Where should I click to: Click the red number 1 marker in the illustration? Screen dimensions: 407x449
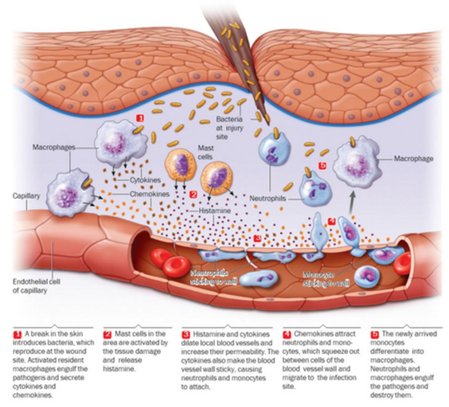pyautogui.click(x=140, y=118)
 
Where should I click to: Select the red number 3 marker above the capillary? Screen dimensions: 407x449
pyautogui.click(x=257, y=238)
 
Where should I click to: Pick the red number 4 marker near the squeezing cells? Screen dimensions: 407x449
pyautogui.click(x=332, y=221)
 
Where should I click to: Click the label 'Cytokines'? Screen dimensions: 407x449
pyautogui.click(x=145, y=180)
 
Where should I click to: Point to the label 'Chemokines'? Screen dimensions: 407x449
pyautogui.click(x=150, y=194)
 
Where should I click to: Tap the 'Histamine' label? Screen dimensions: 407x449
pyautogui.click(x=214, y=211)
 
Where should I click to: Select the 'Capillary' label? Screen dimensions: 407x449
pyautogui.click(x=26, y=196)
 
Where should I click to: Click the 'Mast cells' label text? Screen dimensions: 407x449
pyautogui.click(x=206, y=152)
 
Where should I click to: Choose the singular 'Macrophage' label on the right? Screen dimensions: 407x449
pyautogui.click(x=413, y=158)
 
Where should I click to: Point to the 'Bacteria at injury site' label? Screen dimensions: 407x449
pyautogui.click(x=230, y=128)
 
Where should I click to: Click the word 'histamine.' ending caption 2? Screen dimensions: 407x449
pyautogui.click(x=119, y=369)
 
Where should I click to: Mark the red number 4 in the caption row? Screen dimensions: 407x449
pyautogui.click(x=287, y=334)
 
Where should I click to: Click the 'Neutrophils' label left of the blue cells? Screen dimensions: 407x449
pyautogui.click(x=268, y=198)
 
